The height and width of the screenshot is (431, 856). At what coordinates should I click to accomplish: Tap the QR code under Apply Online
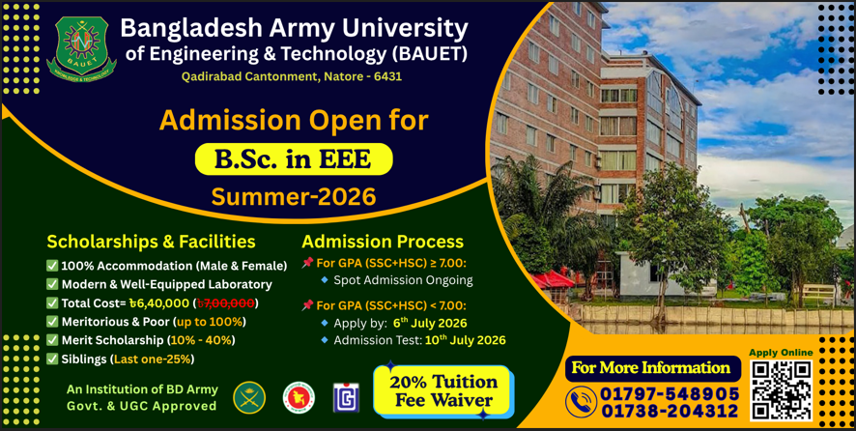(781, 390)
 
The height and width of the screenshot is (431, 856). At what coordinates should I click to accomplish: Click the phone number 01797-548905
(670, 393)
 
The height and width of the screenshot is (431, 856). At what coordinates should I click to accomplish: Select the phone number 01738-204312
(670, 411)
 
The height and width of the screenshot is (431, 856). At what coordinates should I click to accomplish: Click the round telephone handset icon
(581, 401)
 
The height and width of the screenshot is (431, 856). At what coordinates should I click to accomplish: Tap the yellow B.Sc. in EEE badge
(294, 158)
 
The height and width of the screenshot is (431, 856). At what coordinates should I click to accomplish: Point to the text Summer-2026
(294, 196)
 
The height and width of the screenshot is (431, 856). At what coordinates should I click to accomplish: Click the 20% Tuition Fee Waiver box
(442, 390)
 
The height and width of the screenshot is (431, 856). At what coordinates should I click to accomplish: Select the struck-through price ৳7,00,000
(226, 302)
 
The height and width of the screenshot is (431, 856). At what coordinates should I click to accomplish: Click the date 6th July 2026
(430, 322)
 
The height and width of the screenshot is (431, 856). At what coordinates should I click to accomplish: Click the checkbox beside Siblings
(52, 359)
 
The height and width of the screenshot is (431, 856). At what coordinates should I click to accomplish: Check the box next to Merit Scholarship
(52, 340)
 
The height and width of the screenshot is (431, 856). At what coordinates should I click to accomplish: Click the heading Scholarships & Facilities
(151, 241)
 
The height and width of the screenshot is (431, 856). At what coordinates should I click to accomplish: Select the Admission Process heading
(383, 241)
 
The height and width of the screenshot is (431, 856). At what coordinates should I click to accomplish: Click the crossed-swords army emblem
(249, 397)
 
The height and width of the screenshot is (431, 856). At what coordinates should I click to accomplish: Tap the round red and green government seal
(299, 397)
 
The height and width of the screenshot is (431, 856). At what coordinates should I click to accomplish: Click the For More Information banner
(653, 367)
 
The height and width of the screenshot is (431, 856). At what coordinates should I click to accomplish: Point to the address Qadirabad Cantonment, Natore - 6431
(292, 77)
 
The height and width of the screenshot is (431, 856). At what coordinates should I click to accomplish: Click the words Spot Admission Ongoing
(403, 281)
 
